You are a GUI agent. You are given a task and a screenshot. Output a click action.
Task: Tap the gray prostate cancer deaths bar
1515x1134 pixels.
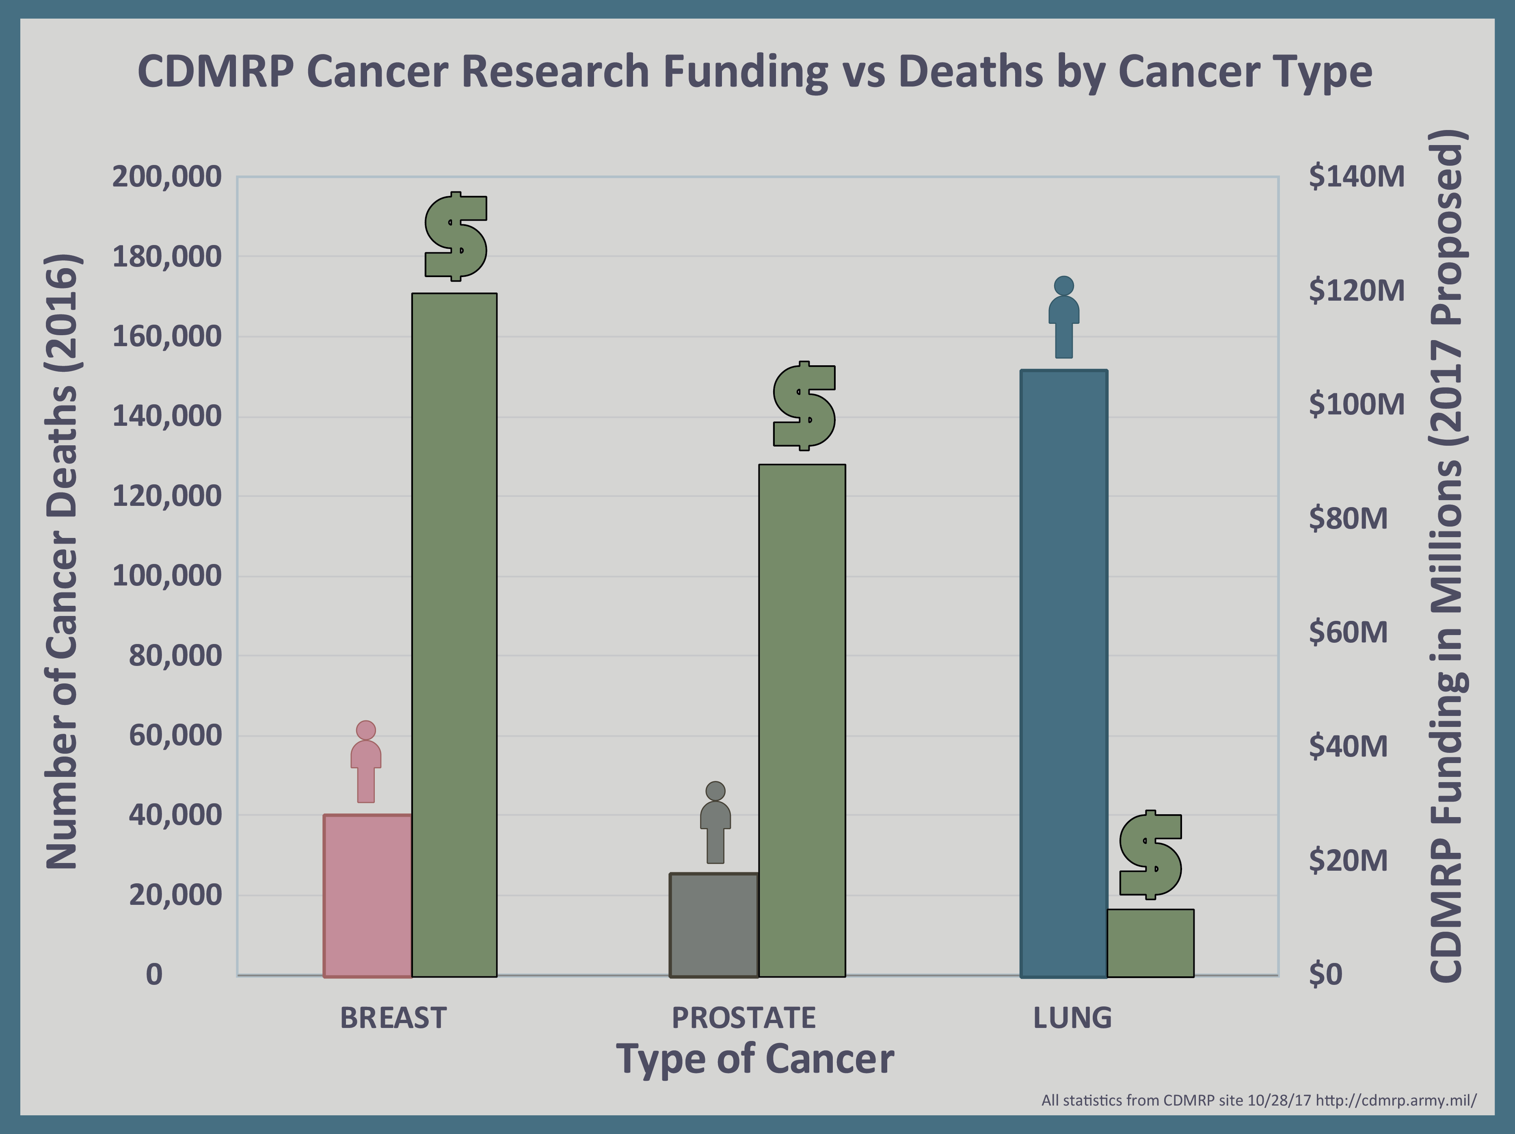(714, 925)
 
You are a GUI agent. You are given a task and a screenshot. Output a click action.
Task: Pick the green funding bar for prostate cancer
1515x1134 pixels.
(802, 720)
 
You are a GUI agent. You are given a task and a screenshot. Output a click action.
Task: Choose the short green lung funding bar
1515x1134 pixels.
(1151, 943)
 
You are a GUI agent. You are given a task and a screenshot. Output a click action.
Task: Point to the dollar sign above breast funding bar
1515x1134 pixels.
(456, 236)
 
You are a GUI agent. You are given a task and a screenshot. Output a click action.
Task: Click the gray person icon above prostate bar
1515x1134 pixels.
(715, 822)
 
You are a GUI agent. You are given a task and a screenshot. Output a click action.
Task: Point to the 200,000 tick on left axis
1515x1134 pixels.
(167, 177)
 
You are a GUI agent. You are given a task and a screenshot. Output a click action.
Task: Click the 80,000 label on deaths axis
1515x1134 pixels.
(175, 656)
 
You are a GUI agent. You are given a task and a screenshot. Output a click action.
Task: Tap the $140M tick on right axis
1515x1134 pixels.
(1356, 177)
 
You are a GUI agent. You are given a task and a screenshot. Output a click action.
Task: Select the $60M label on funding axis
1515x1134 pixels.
(1348, 632)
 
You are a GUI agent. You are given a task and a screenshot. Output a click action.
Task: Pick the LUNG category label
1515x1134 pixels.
(1072, 1018)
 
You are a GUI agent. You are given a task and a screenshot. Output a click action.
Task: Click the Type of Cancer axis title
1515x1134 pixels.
(755, 1059)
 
